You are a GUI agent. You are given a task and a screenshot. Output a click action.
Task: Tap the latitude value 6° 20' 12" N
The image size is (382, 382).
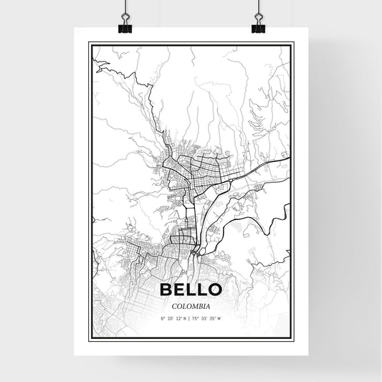click(173, 317)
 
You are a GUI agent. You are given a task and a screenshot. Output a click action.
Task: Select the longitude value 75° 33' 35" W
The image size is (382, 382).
click(209, 317)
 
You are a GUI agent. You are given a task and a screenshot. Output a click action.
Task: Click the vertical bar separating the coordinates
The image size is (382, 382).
click(190, 317)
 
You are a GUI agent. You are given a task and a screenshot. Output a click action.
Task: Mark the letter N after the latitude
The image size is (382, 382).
click(185, 317)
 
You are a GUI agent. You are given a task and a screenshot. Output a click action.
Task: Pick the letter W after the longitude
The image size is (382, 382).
click(221, 317)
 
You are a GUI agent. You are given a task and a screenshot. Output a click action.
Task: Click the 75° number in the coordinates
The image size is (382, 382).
click(197, 317)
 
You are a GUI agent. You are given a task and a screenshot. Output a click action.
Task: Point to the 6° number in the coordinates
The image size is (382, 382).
click(163, 317)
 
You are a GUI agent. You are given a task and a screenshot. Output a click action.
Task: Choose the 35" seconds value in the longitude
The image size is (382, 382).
click(214, 317)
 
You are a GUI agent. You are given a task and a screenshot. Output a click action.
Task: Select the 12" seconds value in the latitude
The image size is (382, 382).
click(178, 317)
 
